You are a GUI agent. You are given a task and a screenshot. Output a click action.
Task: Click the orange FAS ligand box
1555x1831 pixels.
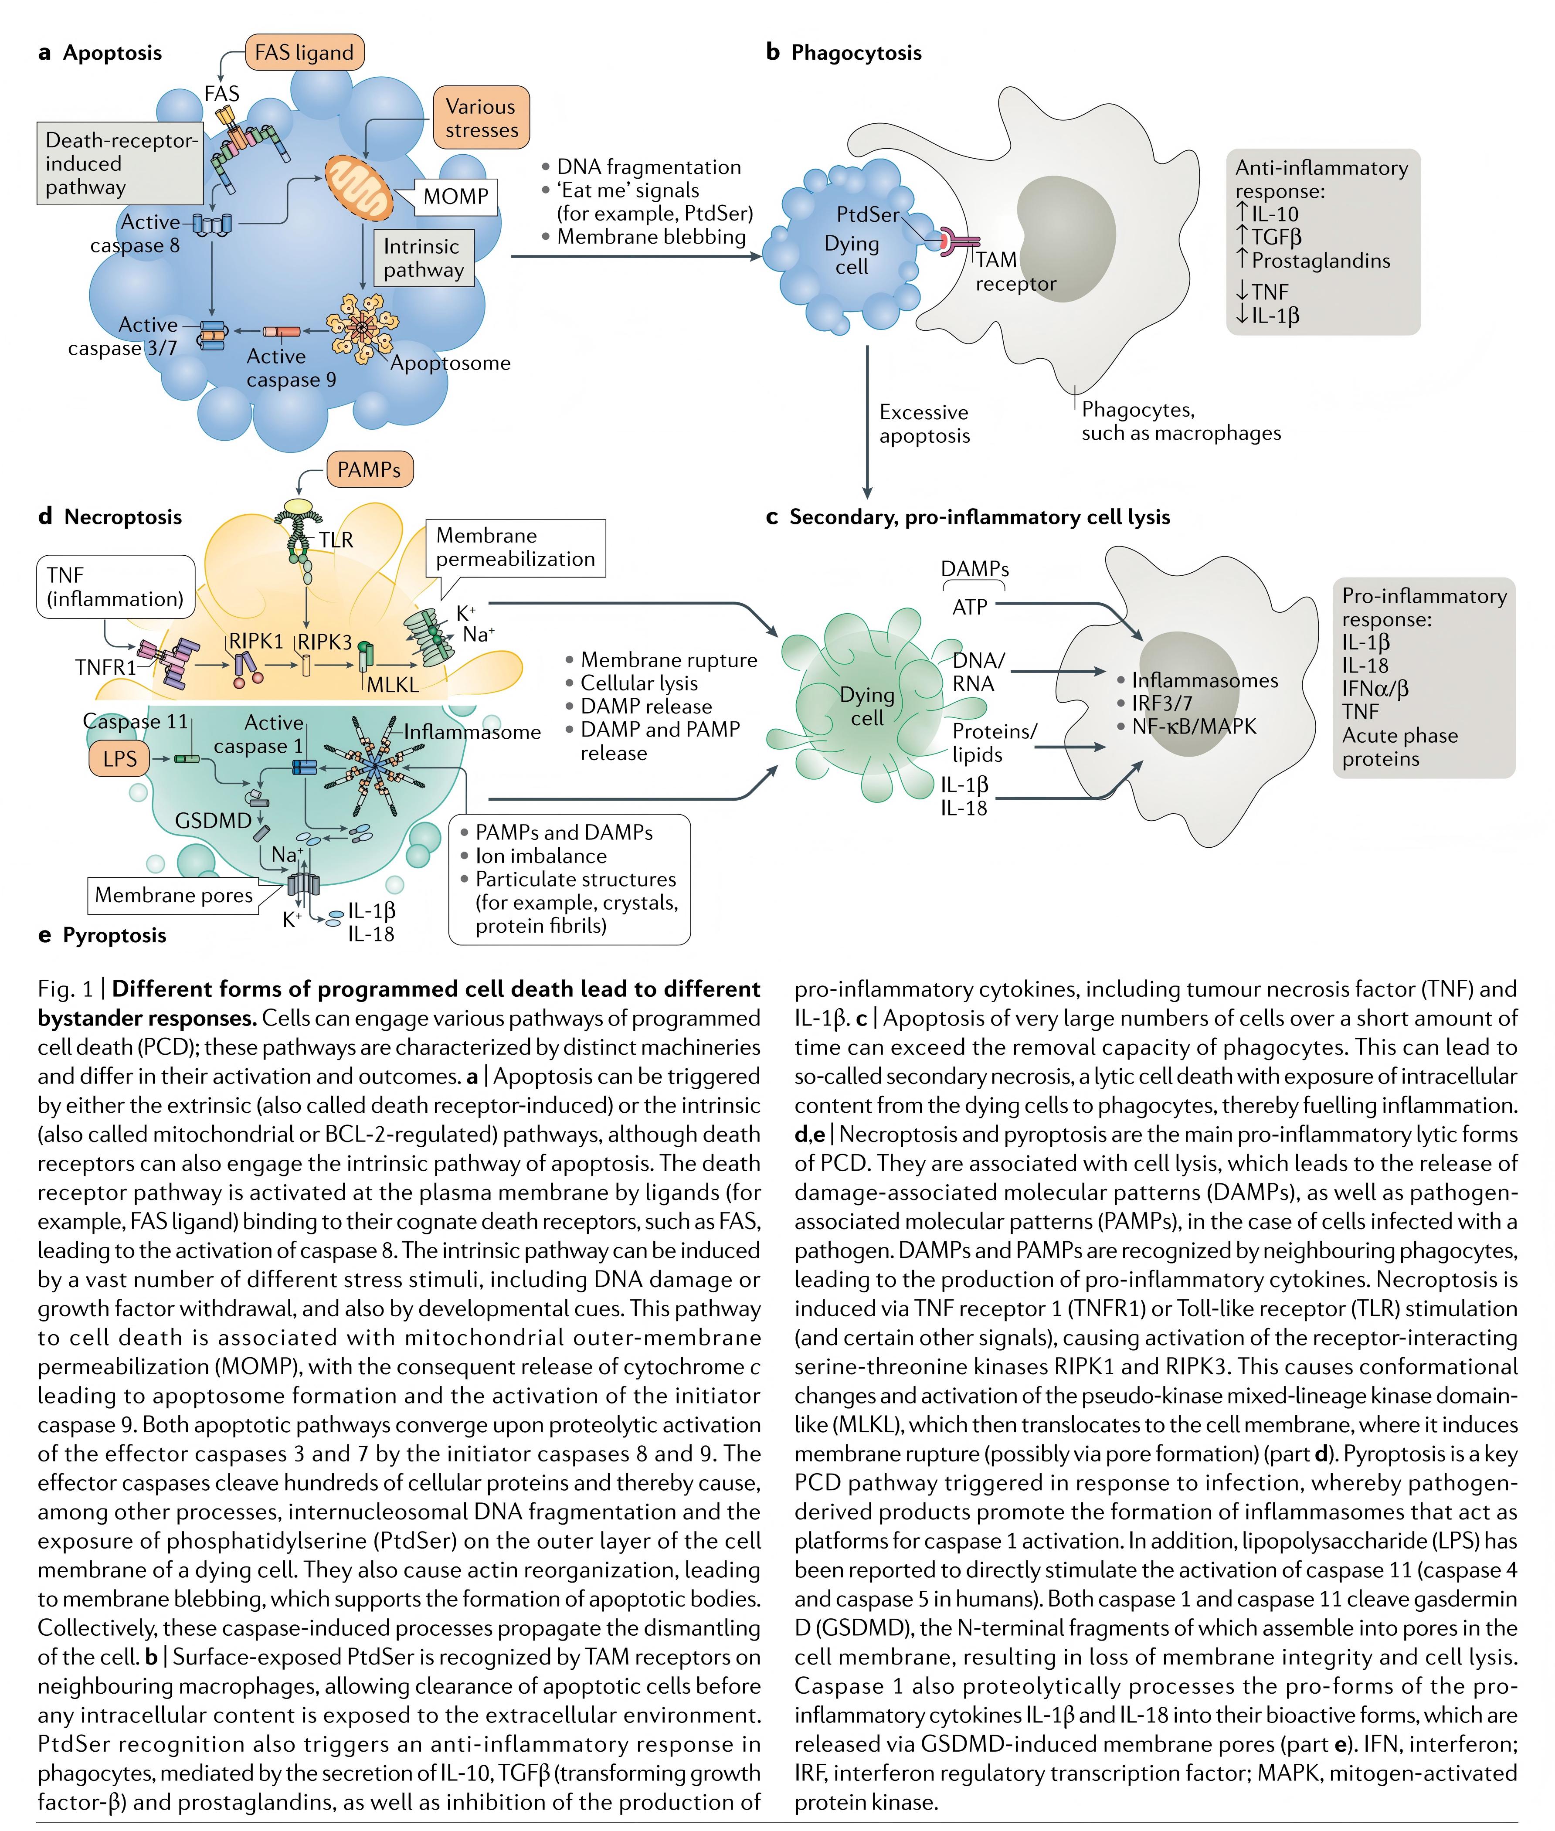pos(304,53)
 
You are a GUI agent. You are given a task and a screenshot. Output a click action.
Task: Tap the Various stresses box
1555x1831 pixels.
pos(481,118)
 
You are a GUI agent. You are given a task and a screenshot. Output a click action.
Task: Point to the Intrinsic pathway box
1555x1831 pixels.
pos(423,258)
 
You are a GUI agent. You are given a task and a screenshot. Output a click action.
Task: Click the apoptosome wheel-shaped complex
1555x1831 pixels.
pos(360,328)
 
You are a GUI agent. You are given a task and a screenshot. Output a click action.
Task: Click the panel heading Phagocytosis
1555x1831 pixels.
pos(856,53)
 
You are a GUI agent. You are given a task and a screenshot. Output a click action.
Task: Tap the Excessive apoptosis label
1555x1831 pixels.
pos(924,424)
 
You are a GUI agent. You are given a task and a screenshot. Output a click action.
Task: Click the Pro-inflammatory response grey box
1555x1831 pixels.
pos(1424,678)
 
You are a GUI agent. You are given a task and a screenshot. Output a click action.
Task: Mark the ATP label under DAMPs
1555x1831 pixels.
pos(970,608)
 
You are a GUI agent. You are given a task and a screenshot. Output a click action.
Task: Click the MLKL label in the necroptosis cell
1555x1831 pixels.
pos(392,685)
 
